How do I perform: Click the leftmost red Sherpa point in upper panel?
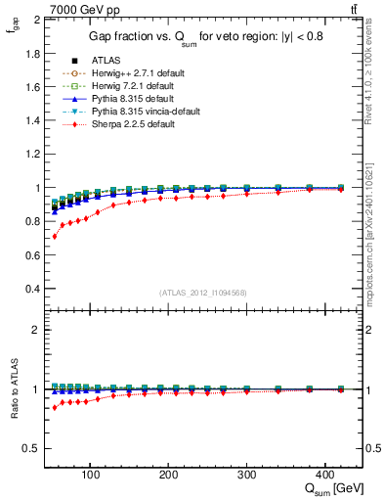point(55,237)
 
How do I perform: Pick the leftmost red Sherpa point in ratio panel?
point(55,407)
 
